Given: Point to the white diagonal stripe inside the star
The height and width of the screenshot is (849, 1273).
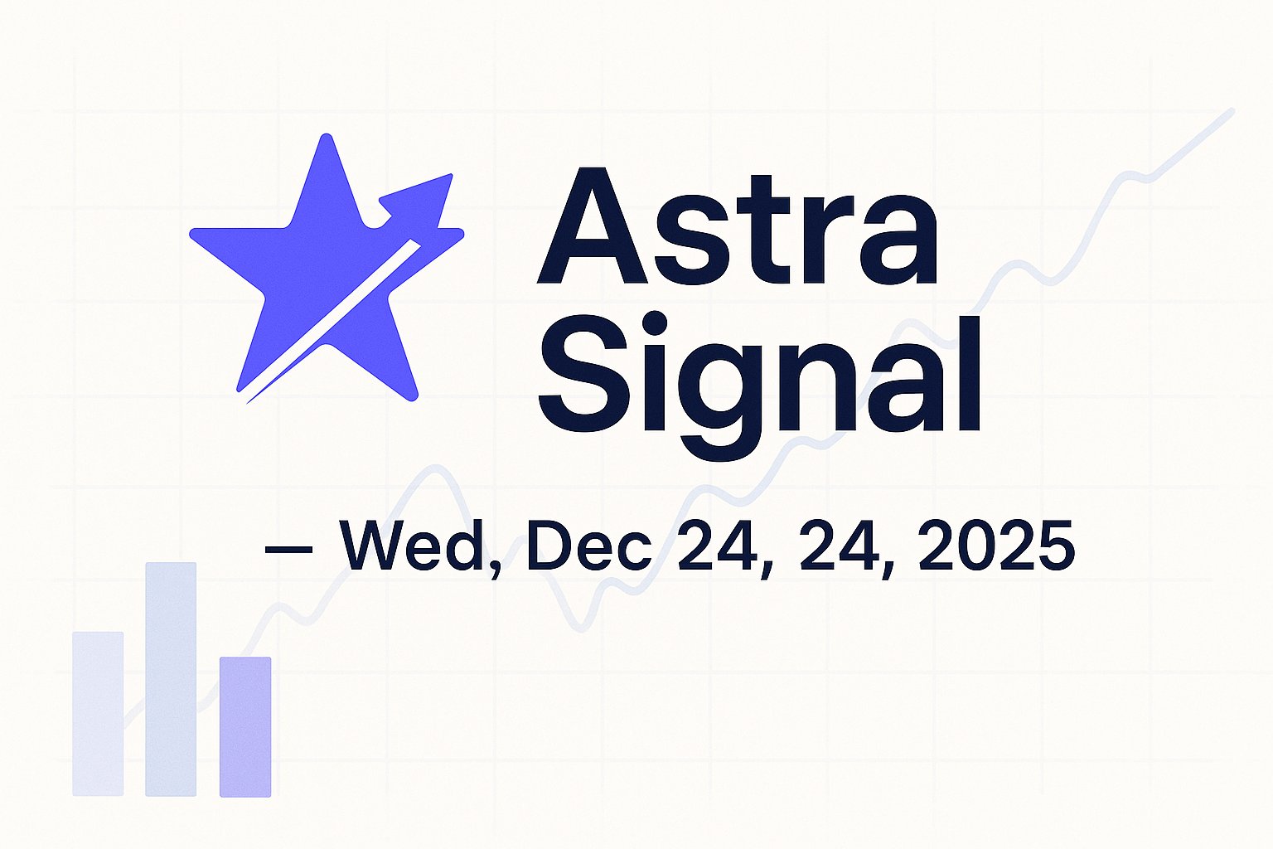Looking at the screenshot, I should (332, 323).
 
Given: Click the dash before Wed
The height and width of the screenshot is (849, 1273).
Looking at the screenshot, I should (288, 548).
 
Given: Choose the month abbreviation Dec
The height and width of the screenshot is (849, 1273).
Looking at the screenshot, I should (588, 548).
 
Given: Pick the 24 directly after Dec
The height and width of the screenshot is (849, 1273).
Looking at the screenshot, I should (714, 548).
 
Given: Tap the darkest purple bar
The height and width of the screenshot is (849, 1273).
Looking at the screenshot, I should (245, 726).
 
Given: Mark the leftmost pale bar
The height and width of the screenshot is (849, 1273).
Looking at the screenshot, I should (98, 713).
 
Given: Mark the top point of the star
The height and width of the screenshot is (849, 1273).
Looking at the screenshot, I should (326, 139).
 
